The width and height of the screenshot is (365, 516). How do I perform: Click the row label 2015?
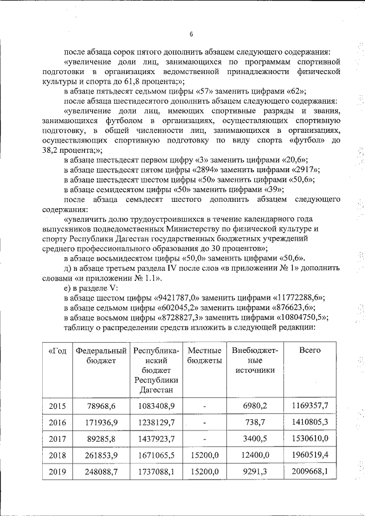click(57, 406)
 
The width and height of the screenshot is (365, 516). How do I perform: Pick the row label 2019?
click(57, 472)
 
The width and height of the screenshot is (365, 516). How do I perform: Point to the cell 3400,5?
click(255, 439)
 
